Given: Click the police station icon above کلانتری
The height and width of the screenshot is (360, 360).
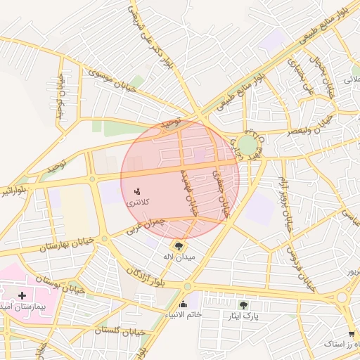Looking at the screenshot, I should [136, 191].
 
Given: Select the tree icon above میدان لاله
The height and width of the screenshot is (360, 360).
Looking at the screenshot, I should [179, 246].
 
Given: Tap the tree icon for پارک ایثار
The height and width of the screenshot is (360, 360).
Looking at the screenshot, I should [244, 305].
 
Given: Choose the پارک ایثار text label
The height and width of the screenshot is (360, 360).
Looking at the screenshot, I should [243, 316].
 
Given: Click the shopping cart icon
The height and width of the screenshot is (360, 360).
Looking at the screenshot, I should [351, 333].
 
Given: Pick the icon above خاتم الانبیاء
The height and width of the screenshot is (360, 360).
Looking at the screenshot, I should [184, 304].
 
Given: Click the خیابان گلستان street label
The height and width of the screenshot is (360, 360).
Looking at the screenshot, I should [120, 330].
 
